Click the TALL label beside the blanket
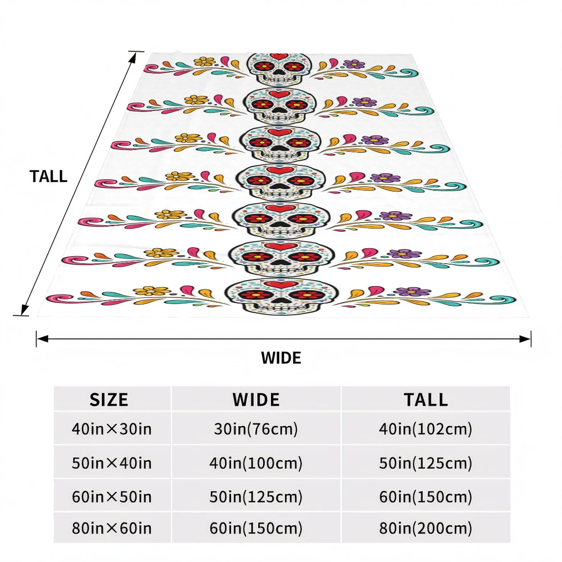pyautogui.click(x=48, y=177)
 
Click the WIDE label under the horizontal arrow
pyautogui.click(x=281, y=358)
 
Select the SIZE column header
pyautogui.click(x=109, y=399)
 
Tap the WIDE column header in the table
pyautogui.click(x=256, y=399)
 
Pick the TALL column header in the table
pyautogui.click(x=426, y=399)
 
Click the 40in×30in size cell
pyautogui.click(x=112, y=429)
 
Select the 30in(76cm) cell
pyautogui.click(x=256, y=429)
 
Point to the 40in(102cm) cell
pyautogui.click(x=426, y=429)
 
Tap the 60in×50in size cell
pyautogui.click(x=112, y=497)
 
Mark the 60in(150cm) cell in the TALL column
pyautogui.click(x=426, y=497)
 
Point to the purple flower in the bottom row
pyautogui.click(x=412, y=291)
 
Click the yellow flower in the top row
pyautogui.click(x=205, y=61)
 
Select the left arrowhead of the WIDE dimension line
pyautogui.click(x=42, y=339)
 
